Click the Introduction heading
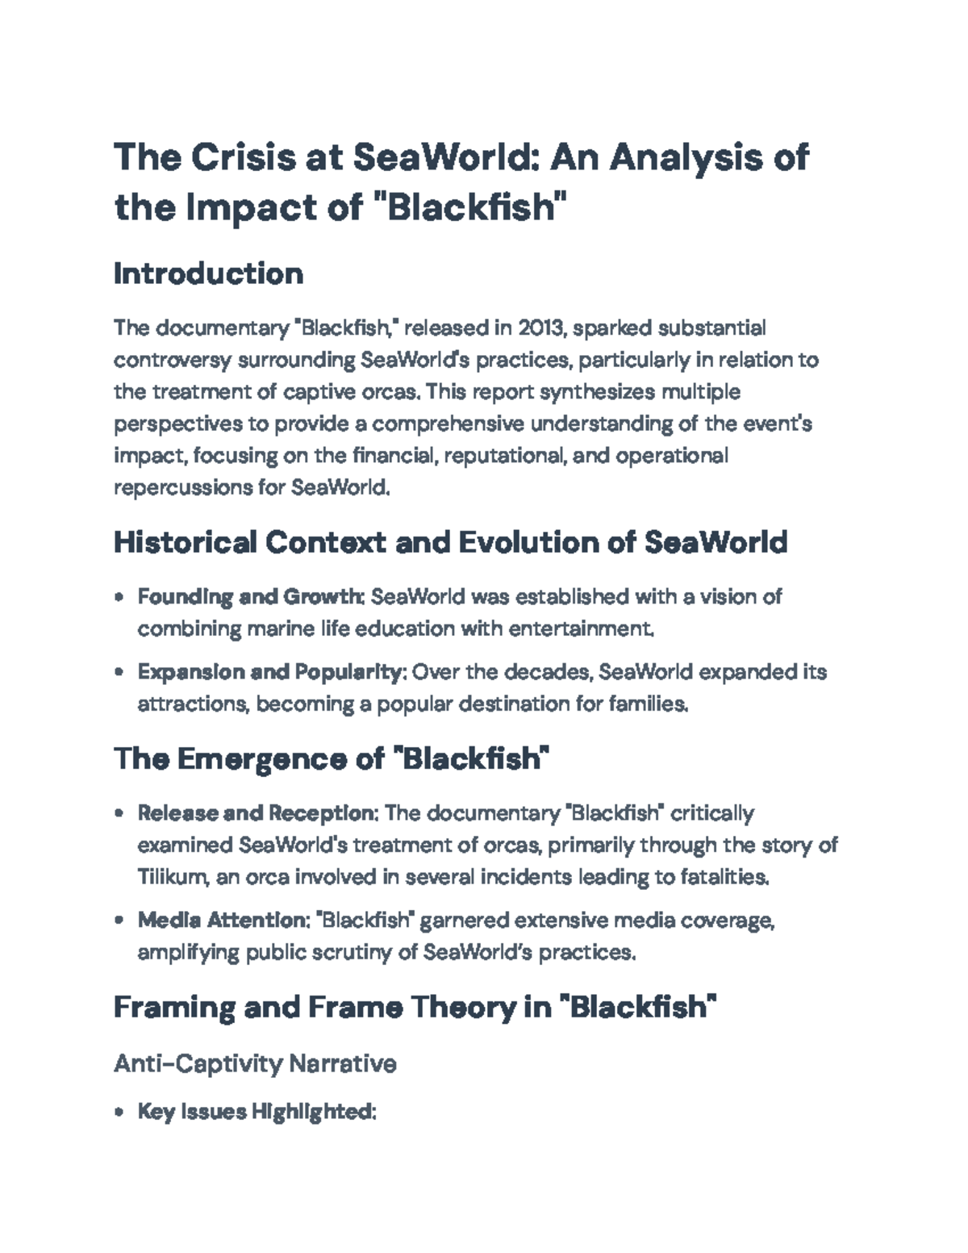208,274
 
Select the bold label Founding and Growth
251,597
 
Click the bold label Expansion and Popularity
269,672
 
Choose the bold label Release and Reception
257,812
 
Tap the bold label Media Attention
221,920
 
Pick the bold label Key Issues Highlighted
256,1112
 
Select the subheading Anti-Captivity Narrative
255,1063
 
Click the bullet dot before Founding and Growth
119,598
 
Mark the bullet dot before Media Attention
119,921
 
